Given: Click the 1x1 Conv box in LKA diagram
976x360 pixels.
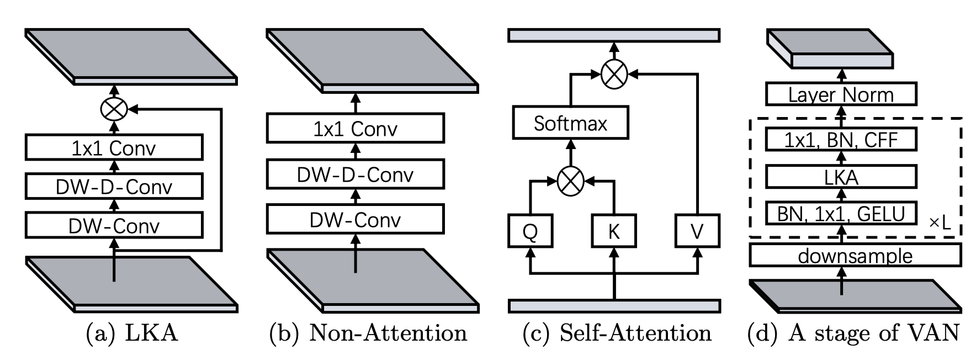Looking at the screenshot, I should (114, 148).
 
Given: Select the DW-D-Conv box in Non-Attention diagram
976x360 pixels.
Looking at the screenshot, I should (355, 174).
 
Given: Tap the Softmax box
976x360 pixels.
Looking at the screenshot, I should (570, 123).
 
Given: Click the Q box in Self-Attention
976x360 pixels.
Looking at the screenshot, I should (530, 231).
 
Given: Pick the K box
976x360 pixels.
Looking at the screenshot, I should (613, 231).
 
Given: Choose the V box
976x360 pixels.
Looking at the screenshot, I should (697, 231).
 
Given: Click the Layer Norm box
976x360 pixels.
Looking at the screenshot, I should (841, 95).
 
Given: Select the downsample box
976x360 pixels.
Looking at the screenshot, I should (855, 256).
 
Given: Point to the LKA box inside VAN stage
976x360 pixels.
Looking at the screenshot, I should (841, 177).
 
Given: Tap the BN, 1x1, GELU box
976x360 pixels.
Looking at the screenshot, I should (841, 213).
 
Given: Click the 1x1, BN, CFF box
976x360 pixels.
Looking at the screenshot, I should (841, 140).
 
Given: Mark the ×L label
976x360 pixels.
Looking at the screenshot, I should (940, 223).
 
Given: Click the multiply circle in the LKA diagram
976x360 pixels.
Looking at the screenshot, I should (114, 109).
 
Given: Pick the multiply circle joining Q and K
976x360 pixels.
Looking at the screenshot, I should (571, 182).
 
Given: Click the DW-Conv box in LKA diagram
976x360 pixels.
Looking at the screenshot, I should (114, 225).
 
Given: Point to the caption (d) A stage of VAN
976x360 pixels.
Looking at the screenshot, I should (853, 333).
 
